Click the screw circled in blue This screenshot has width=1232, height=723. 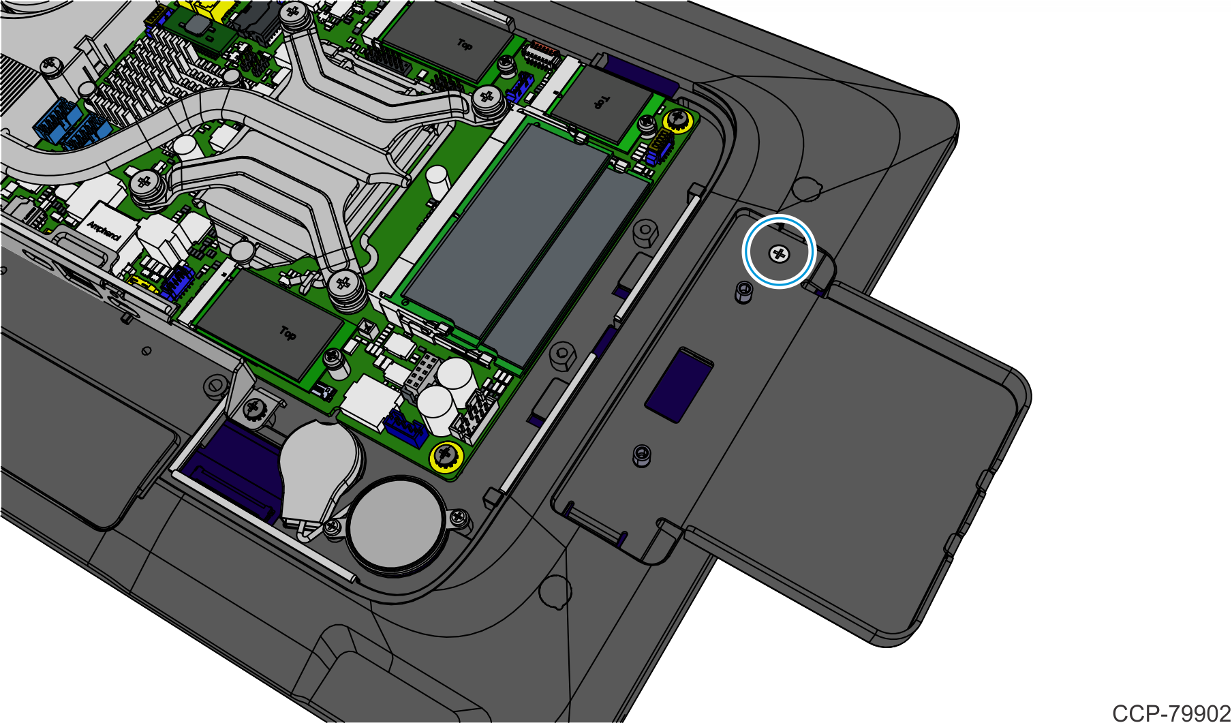coord(779,255)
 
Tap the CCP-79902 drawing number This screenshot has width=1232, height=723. coord(1171,713)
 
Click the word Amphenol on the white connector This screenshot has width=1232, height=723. coord(104,230)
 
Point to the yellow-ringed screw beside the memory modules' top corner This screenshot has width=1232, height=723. coord(677,121)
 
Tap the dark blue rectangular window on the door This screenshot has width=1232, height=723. coord(679,384)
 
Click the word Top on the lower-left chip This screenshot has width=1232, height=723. coord(288,333)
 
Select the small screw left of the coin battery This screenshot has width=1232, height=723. coord(333,527)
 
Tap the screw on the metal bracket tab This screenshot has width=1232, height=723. coord(255,409)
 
